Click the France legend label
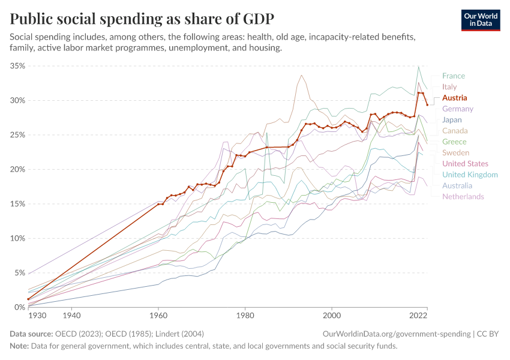point(453,76)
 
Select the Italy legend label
point(449,87)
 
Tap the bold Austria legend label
point(454,98)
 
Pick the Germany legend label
point(457,109)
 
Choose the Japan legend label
point(452,120)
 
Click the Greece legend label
point(454,142)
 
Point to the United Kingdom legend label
point(470,175)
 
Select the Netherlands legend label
point(463,196)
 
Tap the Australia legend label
point(457,185)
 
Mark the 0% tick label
point(19,307)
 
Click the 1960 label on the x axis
point(158,315)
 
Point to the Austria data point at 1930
point(28,299)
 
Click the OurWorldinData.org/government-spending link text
point(395,334)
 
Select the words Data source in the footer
point(31,334)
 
